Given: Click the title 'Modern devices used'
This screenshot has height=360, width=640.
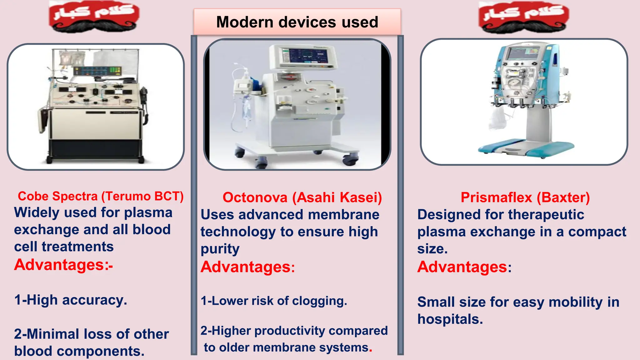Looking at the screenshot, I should pyautogui.click(x=297, y=22).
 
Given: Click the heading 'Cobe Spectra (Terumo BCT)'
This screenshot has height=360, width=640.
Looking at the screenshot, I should pyautogui.click(x=101, y=196).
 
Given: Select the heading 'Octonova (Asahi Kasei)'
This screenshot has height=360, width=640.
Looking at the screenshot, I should pyautogui.click(x=302, y=197).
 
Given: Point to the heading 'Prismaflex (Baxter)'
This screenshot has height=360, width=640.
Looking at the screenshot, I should pyautogui.click(x=525, y=197).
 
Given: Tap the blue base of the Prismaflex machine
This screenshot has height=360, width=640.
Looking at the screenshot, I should pyautogui.click(x=525, y=148).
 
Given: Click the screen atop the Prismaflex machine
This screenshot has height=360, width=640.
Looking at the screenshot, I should pyautogui.click(x=522, y=53).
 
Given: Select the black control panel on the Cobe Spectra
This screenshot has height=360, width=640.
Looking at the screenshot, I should pyautogui.click(x=97, y=71).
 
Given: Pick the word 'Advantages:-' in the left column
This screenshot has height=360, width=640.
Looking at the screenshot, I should pyautogui.click(x=63, y=265).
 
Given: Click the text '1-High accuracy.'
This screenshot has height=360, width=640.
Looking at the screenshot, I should pyautogui.click(x=71, y=300).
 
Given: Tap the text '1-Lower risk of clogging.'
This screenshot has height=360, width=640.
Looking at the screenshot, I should pyautogui.click(x=273, y=301).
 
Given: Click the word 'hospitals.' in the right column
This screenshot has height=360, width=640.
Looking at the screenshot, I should pyautogui.click(x=450, y=319).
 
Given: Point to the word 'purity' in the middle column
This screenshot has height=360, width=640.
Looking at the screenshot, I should pyautogui.click(x=220, y=249).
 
